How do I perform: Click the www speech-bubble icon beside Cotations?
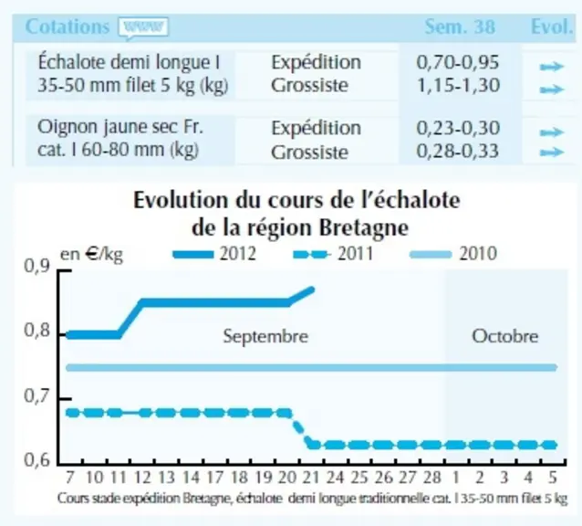(x=143, y=28)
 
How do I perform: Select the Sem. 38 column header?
(x=460, y=26)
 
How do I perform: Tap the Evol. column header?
(x=552, y=26)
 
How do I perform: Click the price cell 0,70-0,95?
(x=457, y=62)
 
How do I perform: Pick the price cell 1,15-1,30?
(x=458, y=86)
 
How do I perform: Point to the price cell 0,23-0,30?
(x=457, y=128)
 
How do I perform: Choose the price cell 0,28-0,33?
(x=457, y=152)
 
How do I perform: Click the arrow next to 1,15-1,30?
(x=552, y=89)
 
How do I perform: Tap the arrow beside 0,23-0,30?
(x=552, y=132)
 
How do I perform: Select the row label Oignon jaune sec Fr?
(x=120, y=128)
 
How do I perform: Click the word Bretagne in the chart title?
(x=364, y=227)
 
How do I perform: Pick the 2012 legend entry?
(x=215, y=254)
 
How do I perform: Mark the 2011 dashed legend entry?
(x=333, y=254)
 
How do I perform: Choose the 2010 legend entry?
(x=453, y=254)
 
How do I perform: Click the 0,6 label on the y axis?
(x=36, y=460)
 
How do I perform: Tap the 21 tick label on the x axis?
(x=311, y=478)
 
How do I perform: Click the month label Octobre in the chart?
(x=504, y=336)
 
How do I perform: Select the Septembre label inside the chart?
(x=265, y=336)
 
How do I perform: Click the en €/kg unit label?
(x=91, y=255)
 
